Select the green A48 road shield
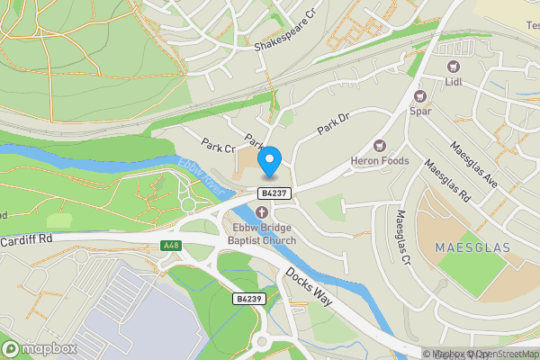coord(171,245)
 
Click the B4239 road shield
coord(247,298)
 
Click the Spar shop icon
coord(419,96)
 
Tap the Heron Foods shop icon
coord(379,146)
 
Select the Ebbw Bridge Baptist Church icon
coord(262,212)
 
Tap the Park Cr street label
coord(218,145)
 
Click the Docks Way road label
coord(308,285)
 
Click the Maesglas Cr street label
coord(405,237)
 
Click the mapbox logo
coord(40,348)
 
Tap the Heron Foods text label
coord(380,161)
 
